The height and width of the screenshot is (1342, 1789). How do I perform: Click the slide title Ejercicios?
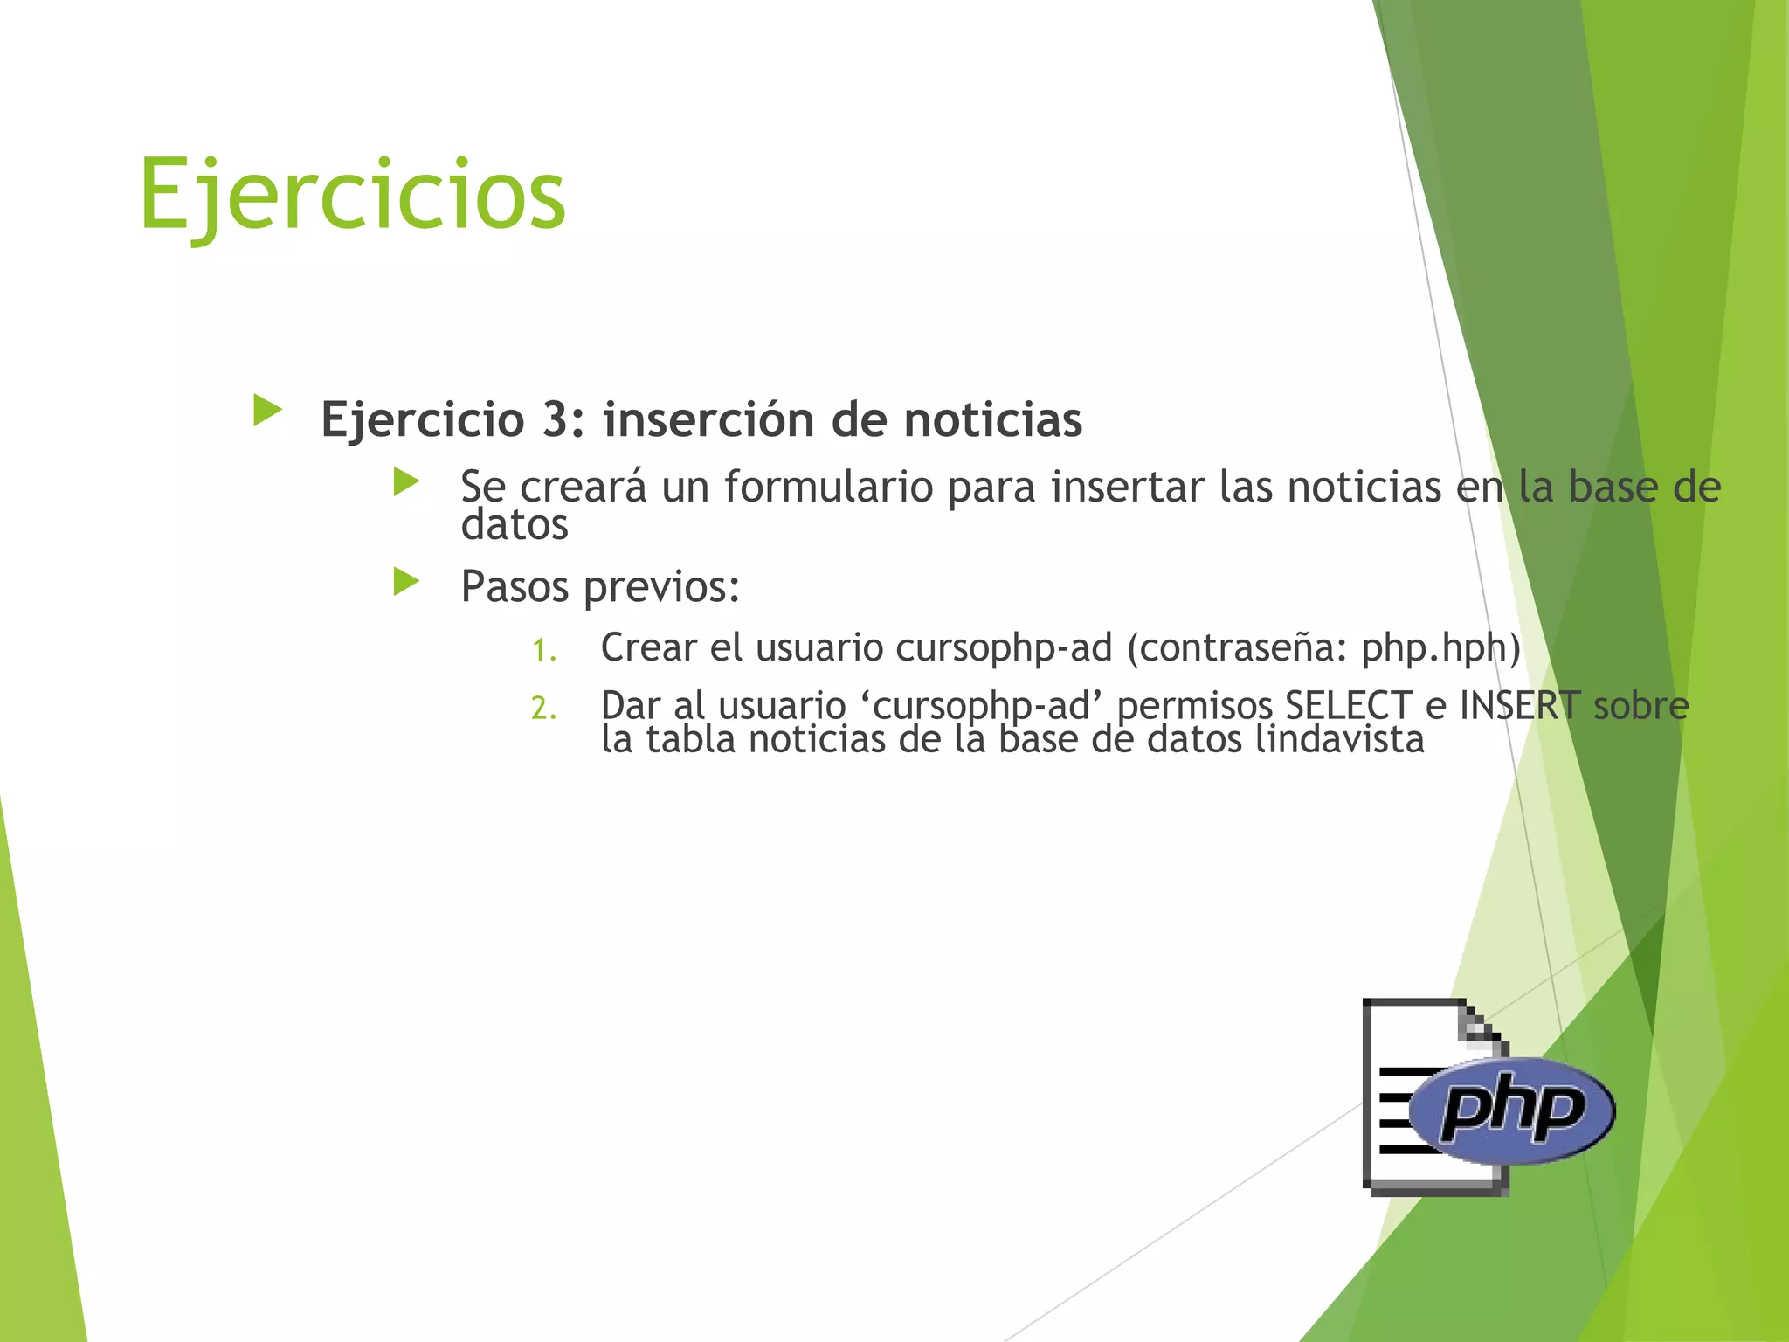(x=352, y=194)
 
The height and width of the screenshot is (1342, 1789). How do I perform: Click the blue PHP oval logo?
(x=1512, y=1110)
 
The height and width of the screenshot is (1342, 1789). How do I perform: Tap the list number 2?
(x=543, y=709)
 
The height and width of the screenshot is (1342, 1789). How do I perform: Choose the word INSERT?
(x=1519, y=705)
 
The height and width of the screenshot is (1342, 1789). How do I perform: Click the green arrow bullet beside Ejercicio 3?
(x=267, y=410)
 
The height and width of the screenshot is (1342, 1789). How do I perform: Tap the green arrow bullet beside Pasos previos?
(x=406, y=581)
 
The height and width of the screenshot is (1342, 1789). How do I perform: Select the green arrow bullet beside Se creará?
(x=406, y=481)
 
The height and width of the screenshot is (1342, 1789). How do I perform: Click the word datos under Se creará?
(x=515, y=525)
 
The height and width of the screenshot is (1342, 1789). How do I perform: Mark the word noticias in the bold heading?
(x=992, y=419)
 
